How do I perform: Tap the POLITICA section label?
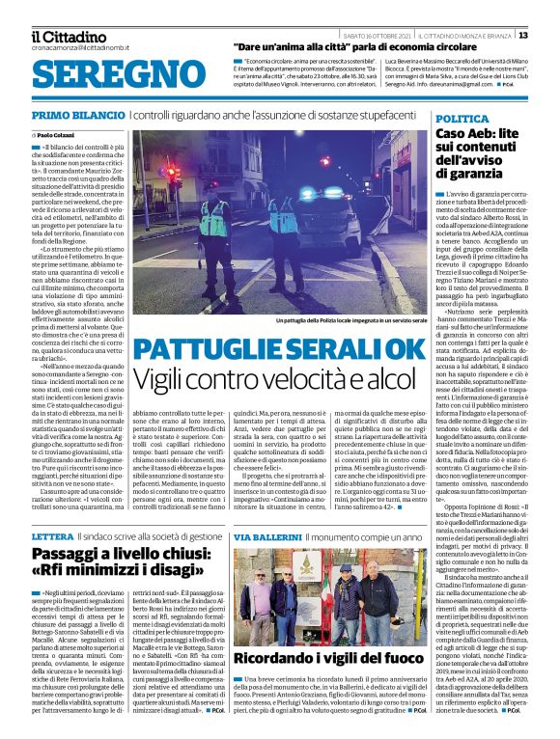(462, 116)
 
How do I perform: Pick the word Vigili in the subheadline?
(164, 379)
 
